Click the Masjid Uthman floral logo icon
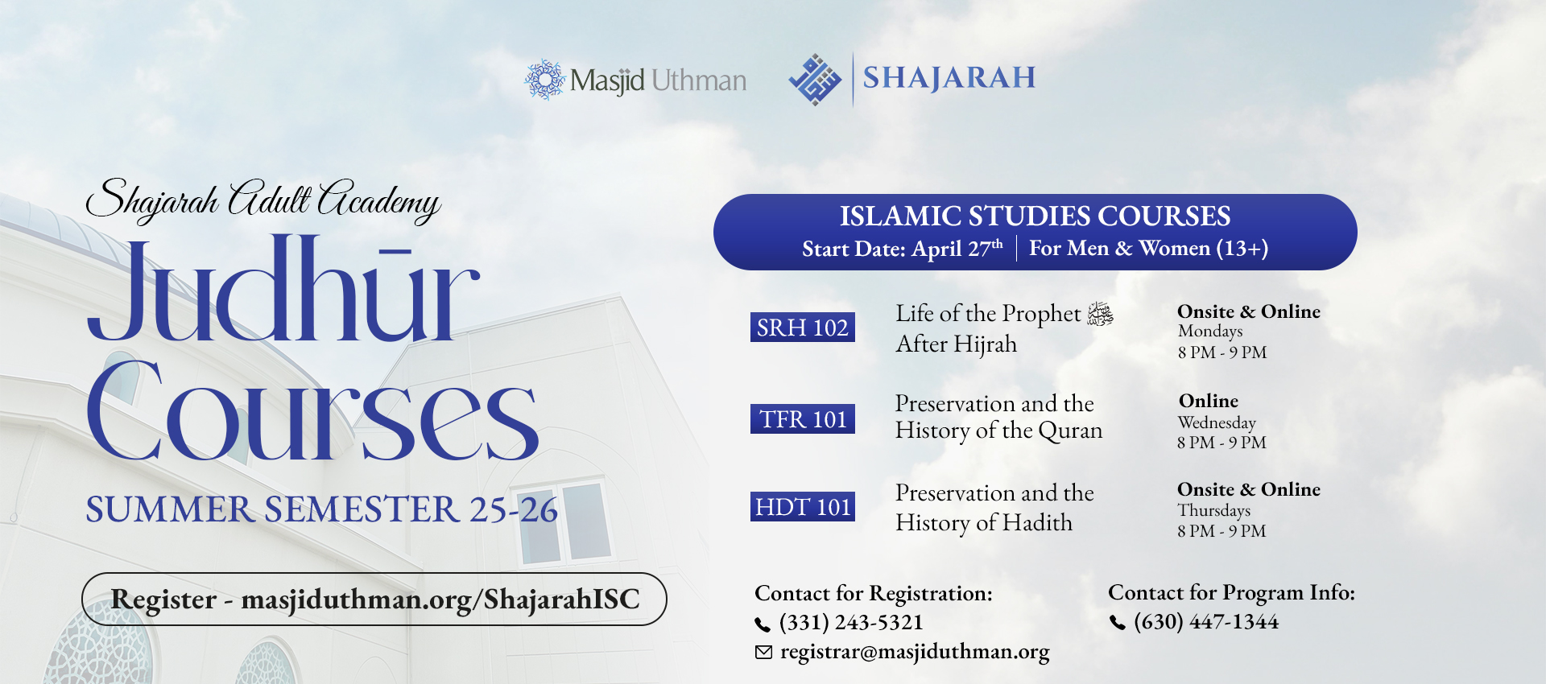click(x=545, y=80)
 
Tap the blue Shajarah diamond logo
click(x=815, y=80)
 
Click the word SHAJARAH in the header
click(x=949, y=78)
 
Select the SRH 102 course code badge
click(x=802, y=328)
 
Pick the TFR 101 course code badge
click(x=802, y=419)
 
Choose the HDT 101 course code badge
click(x=802, y=507)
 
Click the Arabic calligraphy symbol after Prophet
click(x=1100, y=314)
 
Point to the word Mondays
click(x=1209, y=332)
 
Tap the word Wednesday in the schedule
click(x=1216, y=422)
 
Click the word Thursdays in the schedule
click(x=1213, y=510)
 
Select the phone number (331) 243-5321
click(x=851, y=622)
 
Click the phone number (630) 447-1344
click(x=1205, y=621)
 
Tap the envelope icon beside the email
click(x=763, y=652)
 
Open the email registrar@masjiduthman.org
click(x=915, y=652)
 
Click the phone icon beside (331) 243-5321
click(x=762, y=624)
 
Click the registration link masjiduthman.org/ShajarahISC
click(x=440, y=600)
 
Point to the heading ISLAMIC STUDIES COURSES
click(x=1035, y=216)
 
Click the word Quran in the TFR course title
click(x=1070, y=431)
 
